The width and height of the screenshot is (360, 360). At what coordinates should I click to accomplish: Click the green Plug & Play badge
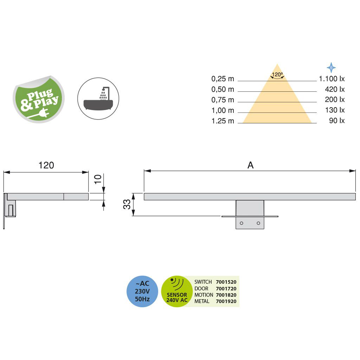point(39,99)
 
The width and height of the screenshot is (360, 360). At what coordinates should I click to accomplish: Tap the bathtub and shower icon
point(98,98)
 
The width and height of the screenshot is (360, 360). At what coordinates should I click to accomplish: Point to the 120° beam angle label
point(277,75)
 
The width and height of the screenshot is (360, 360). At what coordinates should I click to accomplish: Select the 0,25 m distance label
point(223,79)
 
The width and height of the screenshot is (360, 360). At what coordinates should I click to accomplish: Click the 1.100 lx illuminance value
point(332,79)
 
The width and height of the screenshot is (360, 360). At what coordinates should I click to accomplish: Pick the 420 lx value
point(335,89)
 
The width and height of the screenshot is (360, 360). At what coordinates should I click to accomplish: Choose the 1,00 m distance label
point(223,110)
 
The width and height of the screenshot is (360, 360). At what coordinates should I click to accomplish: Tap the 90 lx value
point(337,121)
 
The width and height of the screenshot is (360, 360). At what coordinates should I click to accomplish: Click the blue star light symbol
point(331,67)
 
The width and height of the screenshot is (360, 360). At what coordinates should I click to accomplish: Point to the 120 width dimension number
point(46,165)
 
